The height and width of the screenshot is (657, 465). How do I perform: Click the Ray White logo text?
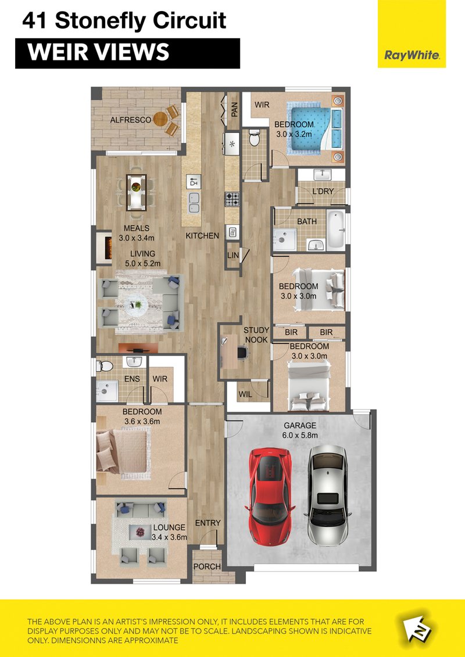click(x=412, y=55)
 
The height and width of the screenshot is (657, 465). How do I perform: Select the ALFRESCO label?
click(x=130, y=120)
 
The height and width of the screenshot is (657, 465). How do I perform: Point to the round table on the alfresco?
click(x=160, y=119)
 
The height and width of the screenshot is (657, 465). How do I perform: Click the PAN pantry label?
click(x=235, y=110)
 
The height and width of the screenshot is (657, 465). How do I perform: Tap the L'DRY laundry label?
click(x=323, y=192)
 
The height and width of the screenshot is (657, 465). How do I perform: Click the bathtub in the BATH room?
click(x=336, y=230)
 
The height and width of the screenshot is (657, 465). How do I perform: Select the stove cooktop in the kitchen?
click(x=233, y=199)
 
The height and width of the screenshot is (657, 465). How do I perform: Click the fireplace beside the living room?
click(x=104, y=248)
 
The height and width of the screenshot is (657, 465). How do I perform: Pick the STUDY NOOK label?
click(x=256, y=335)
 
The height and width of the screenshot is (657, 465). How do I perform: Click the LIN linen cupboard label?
click(x=233, y=255)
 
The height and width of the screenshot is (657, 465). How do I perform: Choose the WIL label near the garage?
click(x=245, y=394)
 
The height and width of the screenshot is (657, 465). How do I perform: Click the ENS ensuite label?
click(x=132, y=379)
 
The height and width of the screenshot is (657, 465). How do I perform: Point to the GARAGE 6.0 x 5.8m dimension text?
click(x=300, y=430)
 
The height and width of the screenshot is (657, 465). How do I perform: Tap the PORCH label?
click(x=207, y=566)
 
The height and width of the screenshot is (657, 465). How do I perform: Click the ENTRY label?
click(x=208, y=523)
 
